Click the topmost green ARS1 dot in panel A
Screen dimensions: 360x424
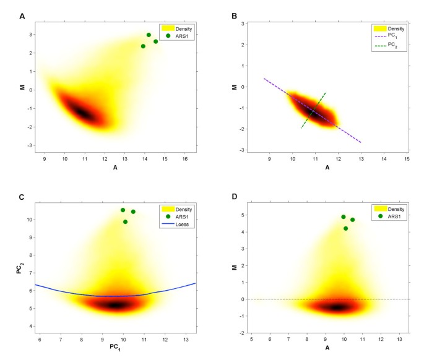[x=149, y=35]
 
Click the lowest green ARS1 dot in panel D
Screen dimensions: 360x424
[x=346, y=229]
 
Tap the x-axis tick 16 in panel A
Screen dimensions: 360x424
[x=184, y=160]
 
